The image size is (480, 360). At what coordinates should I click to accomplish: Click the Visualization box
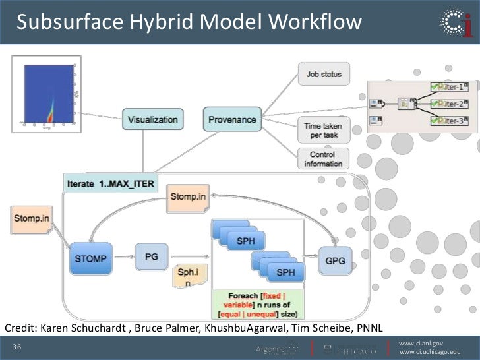(152, 119)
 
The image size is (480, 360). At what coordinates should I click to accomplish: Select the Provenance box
(231, 119)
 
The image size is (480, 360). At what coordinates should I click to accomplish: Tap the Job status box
(324, 75)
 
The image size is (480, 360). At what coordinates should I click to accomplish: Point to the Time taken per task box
(322, 129)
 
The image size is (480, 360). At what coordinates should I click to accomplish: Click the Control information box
(322, 159)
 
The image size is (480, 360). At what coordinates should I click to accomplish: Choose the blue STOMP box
(90, 258)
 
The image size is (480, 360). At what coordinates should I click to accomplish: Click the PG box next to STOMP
(152, 257)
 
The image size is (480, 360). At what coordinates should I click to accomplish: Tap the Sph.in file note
(185, 276)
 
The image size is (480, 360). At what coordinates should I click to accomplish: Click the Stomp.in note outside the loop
(31, 219)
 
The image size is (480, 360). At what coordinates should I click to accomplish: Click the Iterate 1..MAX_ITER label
(111, 183)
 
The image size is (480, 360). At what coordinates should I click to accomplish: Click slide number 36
(16, 347)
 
